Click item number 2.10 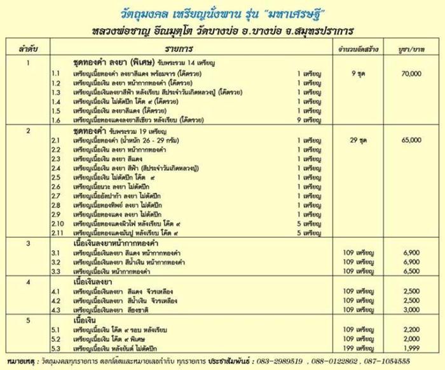(x=58, y=224)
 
